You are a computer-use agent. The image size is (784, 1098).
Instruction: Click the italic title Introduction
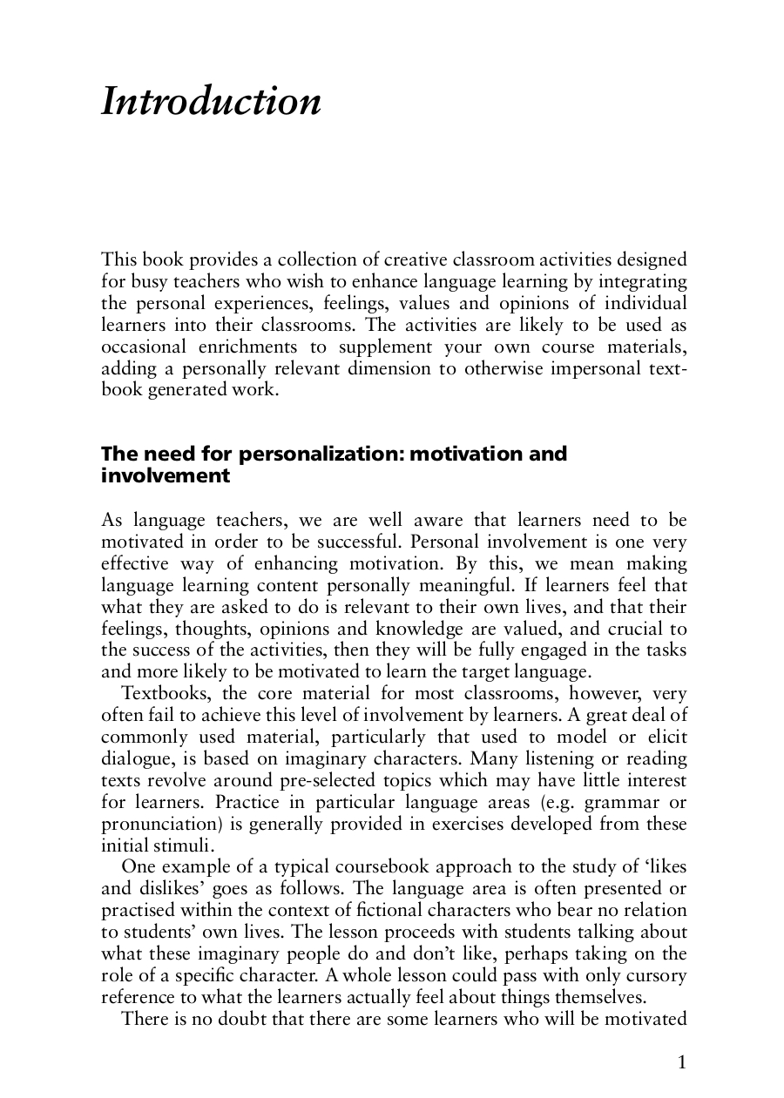tap(211, 102)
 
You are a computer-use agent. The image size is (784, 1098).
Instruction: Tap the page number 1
tap(681, 1061)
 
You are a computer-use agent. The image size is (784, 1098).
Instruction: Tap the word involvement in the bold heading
tap(166, 475)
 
